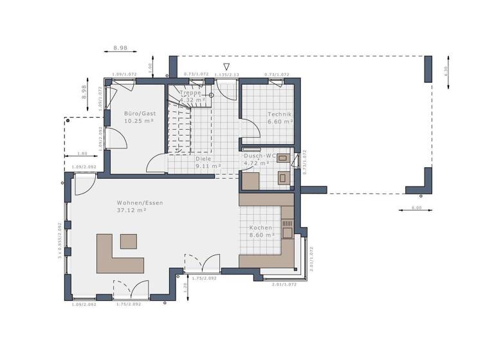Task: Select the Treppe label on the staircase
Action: point(190,93)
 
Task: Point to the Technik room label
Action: point(280,114)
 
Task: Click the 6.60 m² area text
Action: point(280,121)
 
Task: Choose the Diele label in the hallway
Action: point(204,157)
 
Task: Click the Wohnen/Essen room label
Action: point(140,203)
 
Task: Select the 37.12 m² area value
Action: point(131,210)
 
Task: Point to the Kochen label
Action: point(261,228)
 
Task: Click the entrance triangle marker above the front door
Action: point(226,66)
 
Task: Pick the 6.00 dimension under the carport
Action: point(416,208)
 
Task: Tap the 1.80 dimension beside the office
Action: point(82,154)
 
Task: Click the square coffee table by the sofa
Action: point(129,241)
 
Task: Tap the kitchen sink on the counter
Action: point(287,232)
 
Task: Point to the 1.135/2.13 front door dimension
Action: point(226,75)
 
